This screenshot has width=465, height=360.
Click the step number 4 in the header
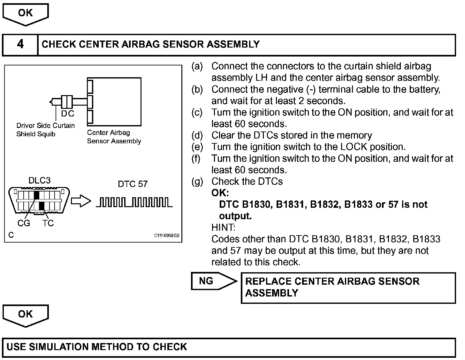(x=20, y=44)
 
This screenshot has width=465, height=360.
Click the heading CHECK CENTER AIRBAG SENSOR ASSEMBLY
(x=150, y=44)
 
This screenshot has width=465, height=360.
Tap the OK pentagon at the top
(x=26, y=14)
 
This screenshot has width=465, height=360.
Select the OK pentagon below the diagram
(x=26, y=315)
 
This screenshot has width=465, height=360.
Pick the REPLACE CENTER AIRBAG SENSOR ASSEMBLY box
(x=348, y=287)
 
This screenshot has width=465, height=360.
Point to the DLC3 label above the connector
(x=40, y=180)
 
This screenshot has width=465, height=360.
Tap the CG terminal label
(x=24, y=223)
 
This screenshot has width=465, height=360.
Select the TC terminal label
(x=48, y=223)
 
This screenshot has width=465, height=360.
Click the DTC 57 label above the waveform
(x=133, y=184)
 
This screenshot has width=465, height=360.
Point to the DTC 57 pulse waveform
(x=134, y=202)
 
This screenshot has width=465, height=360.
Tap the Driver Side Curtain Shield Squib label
(x=45, y=130)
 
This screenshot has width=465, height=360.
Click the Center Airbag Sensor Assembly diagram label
(x=114, y=137)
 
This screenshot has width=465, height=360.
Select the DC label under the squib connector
(x=68, y=114)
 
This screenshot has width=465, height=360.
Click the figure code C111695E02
(x=167, y=236)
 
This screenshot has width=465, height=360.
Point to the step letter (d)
(x=197, y=135)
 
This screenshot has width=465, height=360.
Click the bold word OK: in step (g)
(x=220, y=193)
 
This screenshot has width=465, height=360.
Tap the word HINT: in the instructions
(x=223, y=228)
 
